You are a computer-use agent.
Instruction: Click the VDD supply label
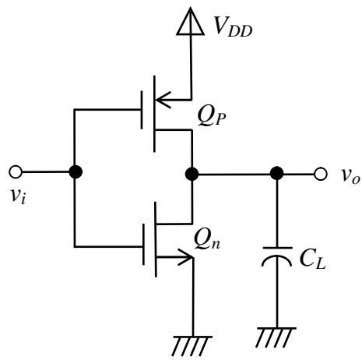point(233,26)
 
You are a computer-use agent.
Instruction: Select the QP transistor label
point(212,117)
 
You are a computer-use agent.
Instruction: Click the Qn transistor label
point(207,241)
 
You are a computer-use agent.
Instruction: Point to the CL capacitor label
point(312,260)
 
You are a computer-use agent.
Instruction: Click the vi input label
point(18,196)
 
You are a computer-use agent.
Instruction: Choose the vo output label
point(350,176)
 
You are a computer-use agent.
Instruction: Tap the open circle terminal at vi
point(16,172)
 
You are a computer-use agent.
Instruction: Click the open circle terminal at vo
point(321,174)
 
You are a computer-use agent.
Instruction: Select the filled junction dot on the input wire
point(76,172)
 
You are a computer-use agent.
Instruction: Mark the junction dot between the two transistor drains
point(192,174)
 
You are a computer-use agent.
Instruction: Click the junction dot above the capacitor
point(276,173)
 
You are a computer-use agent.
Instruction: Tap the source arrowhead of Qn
point(186,257)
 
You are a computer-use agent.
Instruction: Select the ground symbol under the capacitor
point(276,337)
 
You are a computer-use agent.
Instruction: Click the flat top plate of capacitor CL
point(277,248)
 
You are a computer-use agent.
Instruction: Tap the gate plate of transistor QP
point(142,110)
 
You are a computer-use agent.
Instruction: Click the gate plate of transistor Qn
point(143,245)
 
